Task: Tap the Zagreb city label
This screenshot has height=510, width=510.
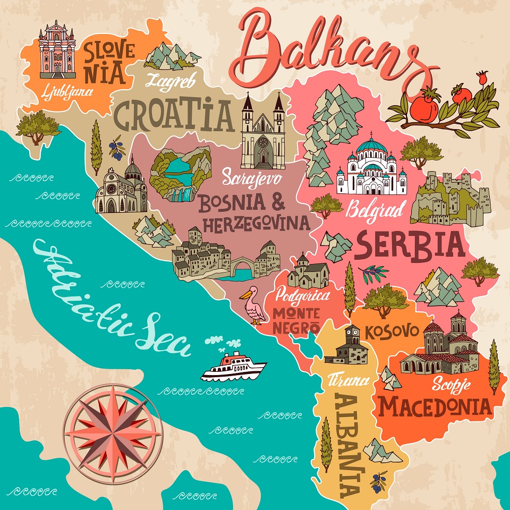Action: click(171, 81)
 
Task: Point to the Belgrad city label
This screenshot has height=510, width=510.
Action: click(376, 208)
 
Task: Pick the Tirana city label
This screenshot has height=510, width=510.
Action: click(348, 379)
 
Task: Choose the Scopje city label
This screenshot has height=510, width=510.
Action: click(450, 382)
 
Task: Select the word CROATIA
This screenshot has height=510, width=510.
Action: click(174, 116)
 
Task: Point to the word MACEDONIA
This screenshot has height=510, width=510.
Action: click(434, 407)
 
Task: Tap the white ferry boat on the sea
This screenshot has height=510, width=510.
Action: click(234, 367)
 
